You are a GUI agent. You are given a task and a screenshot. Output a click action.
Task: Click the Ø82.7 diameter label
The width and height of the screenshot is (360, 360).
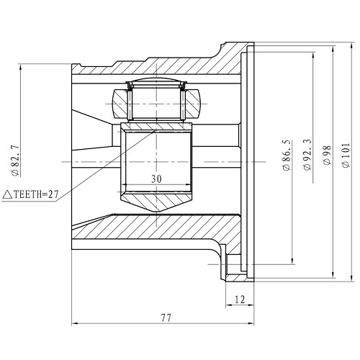click(x=14, y=163)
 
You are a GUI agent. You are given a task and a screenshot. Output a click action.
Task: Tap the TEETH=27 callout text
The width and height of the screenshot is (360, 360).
click(x=35, y=194)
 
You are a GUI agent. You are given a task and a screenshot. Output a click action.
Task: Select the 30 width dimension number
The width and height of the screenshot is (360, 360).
click(x=158, y=179)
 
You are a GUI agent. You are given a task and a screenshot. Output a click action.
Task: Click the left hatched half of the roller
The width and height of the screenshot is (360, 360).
click(x=120, y=103)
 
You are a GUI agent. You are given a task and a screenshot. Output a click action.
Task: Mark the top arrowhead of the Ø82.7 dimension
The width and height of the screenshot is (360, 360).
click(x=24, y=67)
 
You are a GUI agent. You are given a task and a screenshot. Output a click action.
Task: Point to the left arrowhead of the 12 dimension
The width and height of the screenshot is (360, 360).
click(x=229, y=305)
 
